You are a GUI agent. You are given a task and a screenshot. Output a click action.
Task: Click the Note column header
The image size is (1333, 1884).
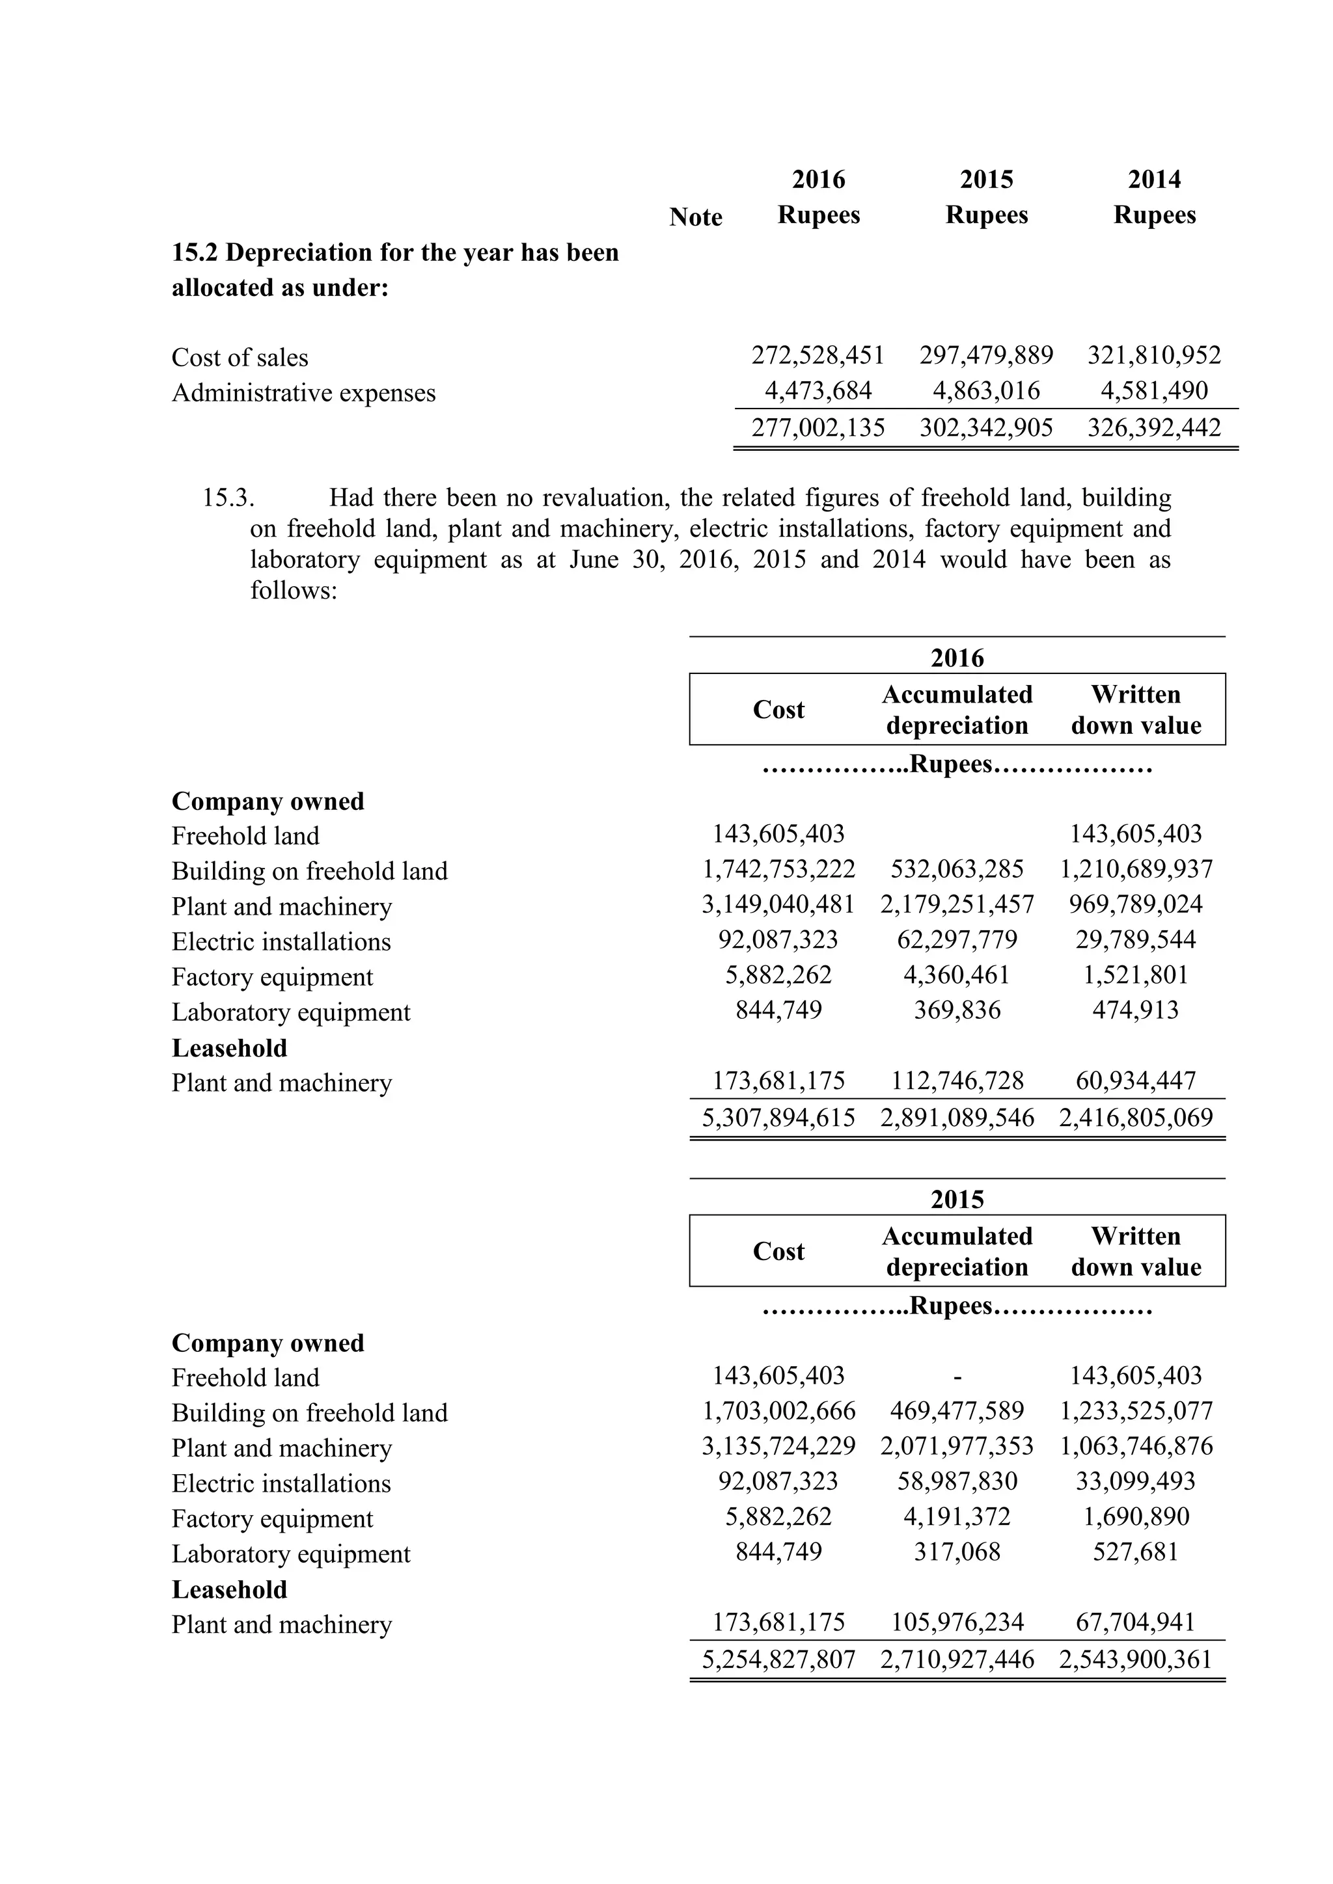pyautogui.click(x=695, y=217)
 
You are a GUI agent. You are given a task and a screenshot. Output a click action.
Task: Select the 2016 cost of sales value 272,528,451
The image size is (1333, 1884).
pyautogui.click(x=818, y=355)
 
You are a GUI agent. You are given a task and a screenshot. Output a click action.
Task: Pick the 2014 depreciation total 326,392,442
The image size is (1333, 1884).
pyautogui.click(x=1153, y=427)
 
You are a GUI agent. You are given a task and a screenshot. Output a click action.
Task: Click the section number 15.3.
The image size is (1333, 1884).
pyautogui.click(x=228, y=498)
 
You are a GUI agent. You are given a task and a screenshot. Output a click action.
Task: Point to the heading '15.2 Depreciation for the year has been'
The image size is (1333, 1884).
pyautogui.click(x=395, y=252)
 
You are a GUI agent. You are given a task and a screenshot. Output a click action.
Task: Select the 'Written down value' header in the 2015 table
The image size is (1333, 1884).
pyautogui.click(x=1136, y=1252)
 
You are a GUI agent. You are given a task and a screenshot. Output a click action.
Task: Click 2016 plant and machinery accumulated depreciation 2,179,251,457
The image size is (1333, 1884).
pyautogui.click(x=957, y=904)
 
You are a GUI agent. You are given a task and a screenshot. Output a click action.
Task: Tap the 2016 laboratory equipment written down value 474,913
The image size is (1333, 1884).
pyautogui.click(x=1135, y=1010)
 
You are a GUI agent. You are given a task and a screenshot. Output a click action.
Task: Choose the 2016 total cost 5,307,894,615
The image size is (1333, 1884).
pyautogui.click(x=778, y=1118)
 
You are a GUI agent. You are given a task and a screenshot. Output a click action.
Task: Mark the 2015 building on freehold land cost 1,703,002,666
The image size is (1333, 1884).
pyautogui.click(x=778, y=1411)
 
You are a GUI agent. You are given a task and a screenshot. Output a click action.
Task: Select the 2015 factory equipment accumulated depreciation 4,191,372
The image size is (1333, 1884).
pyautogui.click(x=957, y=1516)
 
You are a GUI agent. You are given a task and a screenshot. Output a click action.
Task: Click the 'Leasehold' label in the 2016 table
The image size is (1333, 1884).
pyautogui.click(x=229, y=1048)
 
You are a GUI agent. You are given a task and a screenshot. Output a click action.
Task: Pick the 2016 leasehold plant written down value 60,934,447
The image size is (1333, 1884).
pyautogui.click(x=1135, y=1081)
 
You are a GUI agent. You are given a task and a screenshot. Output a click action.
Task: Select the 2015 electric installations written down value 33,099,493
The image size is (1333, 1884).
pyautogui.click(x=1135, y=1481)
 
